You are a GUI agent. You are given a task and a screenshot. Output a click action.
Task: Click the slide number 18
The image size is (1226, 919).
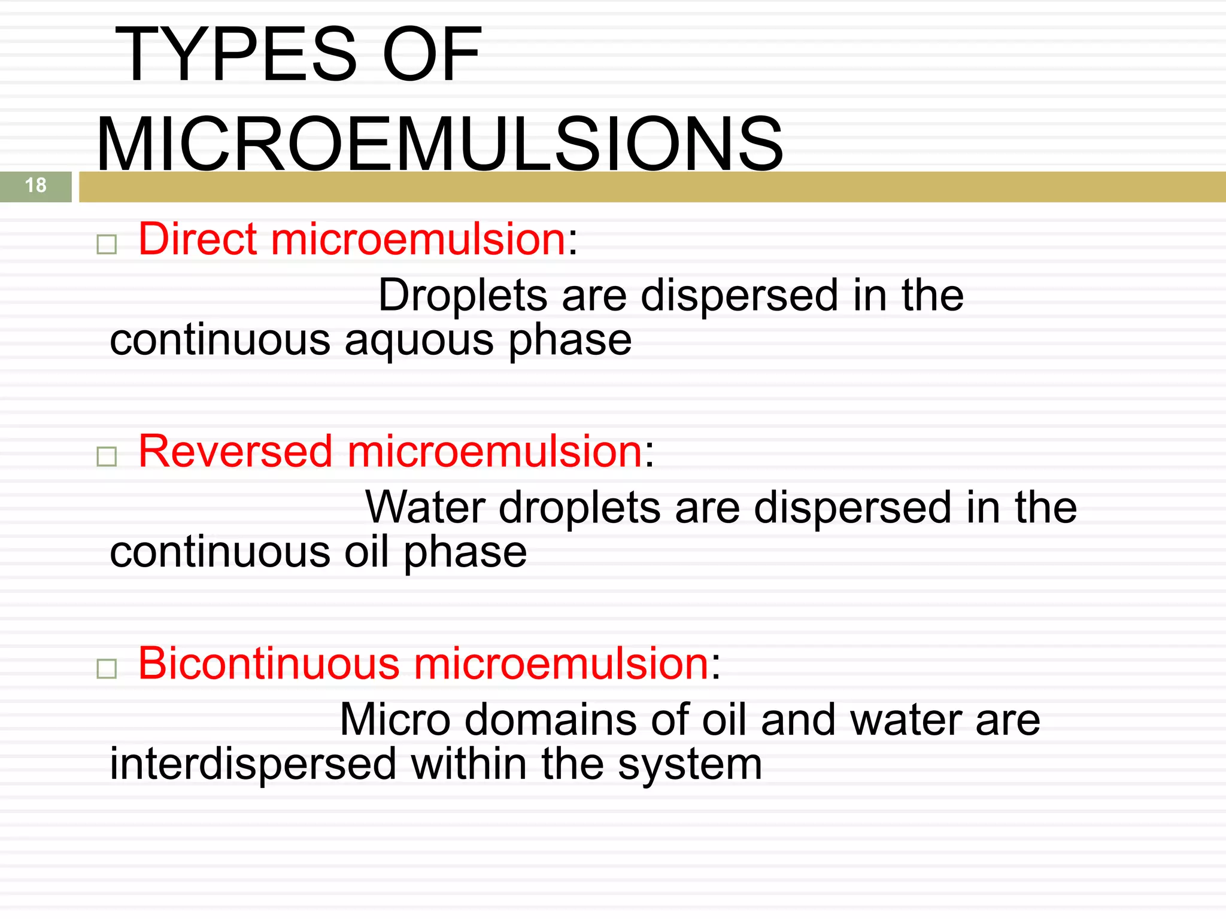pos(36,185)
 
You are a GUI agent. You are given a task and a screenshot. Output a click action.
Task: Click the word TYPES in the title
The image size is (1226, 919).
pos(236,55)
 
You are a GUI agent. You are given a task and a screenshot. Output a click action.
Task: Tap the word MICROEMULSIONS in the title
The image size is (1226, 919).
pos(439,145)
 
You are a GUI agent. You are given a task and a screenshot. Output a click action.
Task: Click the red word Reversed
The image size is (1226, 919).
pos(235,451)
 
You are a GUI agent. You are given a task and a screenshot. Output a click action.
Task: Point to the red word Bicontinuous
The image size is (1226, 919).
pos(269,664)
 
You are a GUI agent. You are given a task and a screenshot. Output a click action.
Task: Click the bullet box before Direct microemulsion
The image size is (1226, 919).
pos(107,244)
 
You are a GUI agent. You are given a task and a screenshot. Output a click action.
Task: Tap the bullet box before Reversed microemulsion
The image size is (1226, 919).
pos(107,457)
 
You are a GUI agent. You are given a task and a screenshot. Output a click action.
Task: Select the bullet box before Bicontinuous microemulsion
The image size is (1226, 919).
pos(107,669)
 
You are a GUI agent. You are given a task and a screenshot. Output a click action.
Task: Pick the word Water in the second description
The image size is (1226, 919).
pos(425,507)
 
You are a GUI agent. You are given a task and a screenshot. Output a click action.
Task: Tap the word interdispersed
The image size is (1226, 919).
pos(253,764)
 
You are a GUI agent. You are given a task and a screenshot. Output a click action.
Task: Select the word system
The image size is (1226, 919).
pos(690,765)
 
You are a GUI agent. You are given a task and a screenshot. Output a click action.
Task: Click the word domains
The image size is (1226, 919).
pos(551,720)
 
